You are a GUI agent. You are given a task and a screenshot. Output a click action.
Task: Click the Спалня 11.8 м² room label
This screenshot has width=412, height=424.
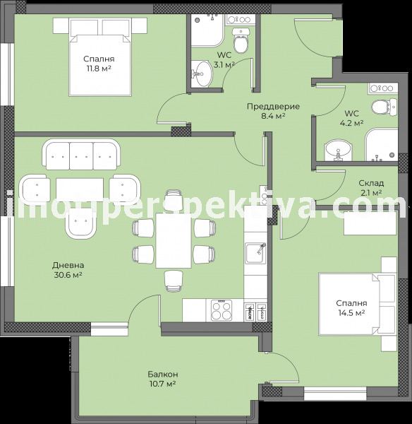click(99, 64)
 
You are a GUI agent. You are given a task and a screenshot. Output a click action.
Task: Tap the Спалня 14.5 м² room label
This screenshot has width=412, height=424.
click(350, 308)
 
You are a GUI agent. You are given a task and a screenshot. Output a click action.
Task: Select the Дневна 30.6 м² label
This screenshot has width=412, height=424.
click(67, 270)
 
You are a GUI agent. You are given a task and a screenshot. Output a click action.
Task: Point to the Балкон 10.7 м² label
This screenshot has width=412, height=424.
click(162, 379)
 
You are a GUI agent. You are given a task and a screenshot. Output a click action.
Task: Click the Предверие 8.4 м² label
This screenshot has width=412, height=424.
click(273, 111)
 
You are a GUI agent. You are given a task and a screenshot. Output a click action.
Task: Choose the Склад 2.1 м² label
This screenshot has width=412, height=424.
click(370, 187)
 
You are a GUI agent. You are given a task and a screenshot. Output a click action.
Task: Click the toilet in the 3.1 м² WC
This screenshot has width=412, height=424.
click(241, 44)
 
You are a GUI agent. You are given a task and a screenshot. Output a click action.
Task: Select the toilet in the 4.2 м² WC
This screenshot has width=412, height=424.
click(380, 108)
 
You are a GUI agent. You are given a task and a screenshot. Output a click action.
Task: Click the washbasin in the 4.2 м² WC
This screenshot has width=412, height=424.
click(338, 150)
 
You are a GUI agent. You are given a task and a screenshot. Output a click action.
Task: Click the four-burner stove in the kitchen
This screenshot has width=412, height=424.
click(222, 309)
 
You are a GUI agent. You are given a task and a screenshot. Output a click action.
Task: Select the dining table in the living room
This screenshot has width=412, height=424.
click(173, 240)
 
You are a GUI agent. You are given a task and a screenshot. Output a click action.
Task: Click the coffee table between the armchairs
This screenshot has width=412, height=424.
click(80, 189)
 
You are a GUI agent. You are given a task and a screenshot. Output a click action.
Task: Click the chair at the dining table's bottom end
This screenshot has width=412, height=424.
click(173, 280)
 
